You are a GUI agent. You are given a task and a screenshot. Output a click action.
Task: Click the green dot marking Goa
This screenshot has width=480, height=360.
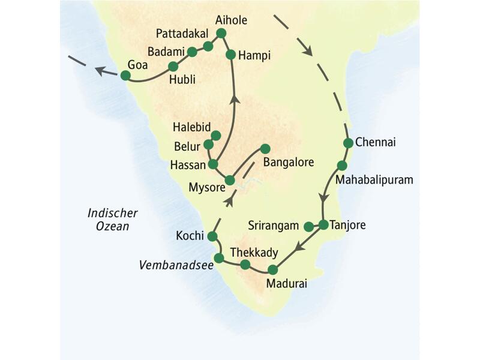click(x=125, y=75)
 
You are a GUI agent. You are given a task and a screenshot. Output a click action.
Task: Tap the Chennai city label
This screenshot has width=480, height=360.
click(x=376, y=143)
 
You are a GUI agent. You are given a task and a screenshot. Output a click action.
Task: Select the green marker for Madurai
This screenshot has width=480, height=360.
click(x=273, y=269)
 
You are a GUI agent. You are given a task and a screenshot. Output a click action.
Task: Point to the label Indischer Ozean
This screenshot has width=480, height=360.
click(x=112, y=219)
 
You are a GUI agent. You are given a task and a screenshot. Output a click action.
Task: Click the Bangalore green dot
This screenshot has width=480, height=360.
click(x=265, y=148)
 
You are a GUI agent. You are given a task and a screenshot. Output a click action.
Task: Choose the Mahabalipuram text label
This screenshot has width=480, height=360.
click(x=374, y=179)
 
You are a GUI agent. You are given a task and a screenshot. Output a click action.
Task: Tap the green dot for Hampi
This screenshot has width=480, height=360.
click(x=230, y=55)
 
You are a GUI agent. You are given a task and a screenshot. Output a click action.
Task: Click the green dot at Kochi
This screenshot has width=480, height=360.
click(x=211, y=236)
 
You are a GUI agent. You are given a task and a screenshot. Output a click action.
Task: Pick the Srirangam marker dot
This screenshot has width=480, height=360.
click(x=308, y=226)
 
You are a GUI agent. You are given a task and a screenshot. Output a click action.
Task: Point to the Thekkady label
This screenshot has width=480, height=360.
click(x=255, y=252)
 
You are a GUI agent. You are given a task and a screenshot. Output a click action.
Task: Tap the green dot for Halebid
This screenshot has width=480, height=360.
click(x=215, y=135)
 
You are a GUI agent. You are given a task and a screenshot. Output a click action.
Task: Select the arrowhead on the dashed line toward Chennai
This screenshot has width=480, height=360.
click(x=309, y=50)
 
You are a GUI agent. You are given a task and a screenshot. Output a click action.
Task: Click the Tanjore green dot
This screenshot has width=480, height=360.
click(x=323, y=225)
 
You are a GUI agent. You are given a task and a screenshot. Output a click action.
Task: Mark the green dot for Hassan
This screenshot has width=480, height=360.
click(x=212, y=164)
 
